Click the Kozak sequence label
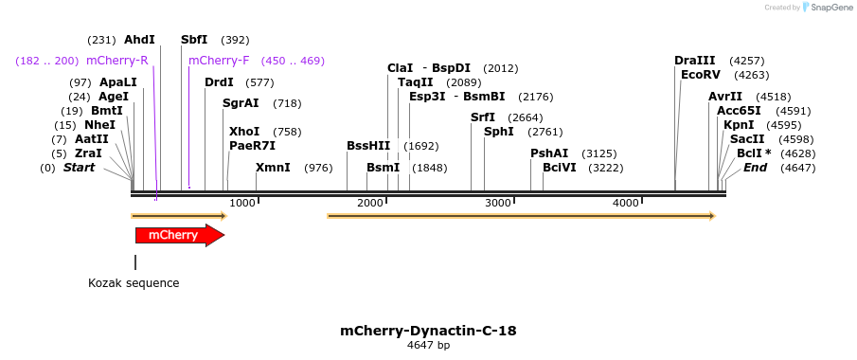coord(134,282)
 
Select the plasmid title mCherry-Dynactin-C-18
coord(428,331)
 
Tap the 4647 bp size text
coord(428,346)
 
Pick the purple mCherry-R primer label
coord(116,61)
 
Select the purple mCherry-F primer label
coord(219,61)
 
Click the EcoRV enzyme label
coord(701,75)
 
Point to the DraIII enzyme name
coord(695,61)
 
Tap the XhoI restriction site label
coord(244,132)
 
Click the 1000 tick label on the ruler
coord(242,203)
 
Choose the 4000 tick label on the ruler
coord(626,203)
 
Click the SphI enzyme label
coord(499,132)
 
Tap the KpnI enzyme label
coord(739,125)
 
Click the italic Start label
coord(80,168)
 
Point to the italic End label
coord(755,168)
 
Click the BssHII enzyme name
coord(368,146)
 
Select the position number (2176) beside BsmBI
coord(536,97)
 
